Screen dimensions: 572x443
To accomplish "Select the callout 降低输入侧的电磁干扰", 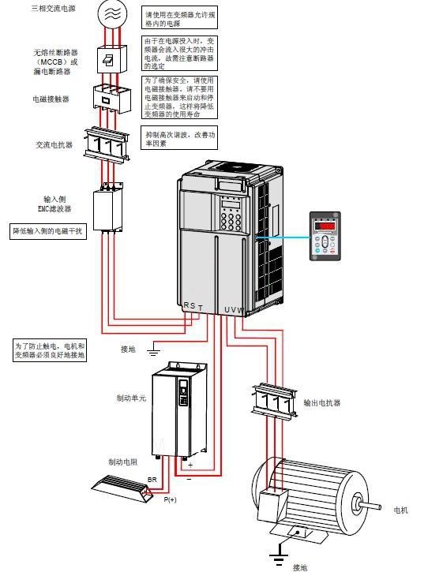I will (x=47, y=231).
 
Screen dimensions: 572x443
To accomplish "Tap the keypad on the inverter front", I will (x=231, y=222).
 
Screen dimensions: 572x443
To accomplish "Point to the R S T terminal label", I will (x=193, y=307).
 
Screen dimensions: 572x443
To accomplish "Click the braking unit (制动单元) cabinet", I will (x=178, y=410).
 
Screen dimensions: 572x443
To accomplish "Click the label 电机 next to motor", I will (x=401, y=510).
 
